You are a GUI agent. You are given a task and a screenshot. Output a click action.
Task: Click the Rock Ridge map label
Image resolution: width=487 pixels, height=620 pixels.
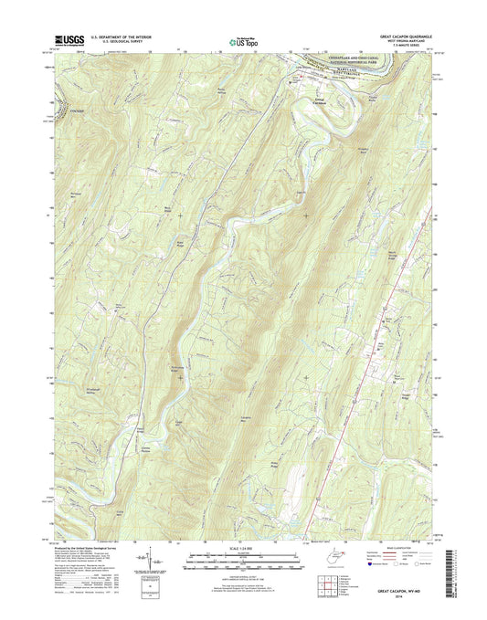[166, 209]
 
